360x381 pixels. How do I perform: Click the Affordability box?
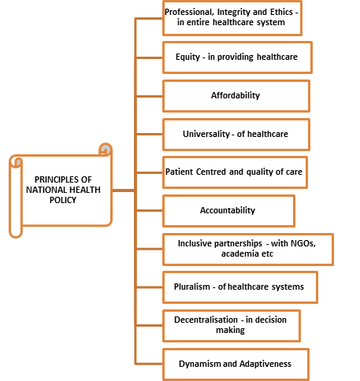click(236, 96)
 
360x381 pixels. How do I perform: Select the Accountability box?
click(228, 211)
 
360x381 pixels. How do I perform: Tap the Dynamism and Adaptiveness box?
click(236, 364)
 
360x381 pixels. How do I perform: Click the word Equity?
click(187, 57)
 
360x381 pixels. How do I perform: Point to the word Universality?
click(206, 134)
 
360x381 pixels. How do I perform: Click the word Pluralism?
click(192, 287)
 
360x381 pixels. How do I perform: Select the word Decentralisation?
click(206, 320)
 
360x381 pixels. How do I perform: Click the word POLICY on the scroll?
click(63, 200)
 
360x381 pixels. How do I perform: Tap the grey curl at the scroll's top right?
click(106, 150)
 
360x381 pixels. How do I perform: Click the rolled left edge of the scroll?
click(16, 198)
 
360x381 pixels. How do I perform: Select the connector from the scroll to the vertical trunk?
click(124, 190)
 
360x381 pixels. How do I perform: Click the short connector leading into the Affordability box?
click(150, 96)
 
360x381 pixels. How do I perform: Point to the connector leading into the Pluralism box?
click(150, 287)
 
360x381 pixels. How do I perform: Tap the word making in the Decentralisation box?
click(230, 330)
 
